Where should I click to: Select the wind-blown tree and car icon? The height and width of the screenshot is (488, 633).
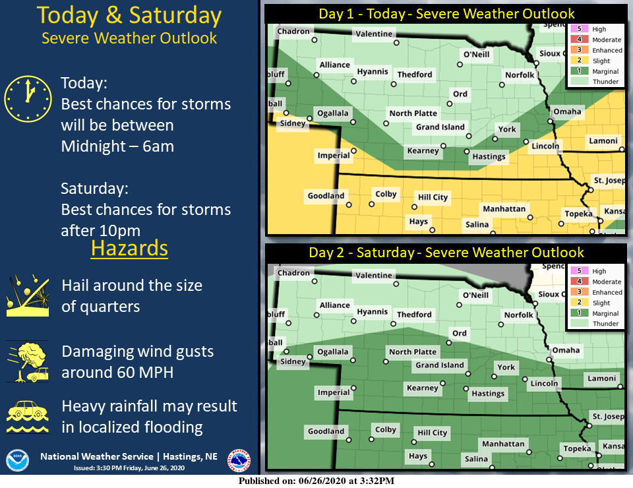point(28,362)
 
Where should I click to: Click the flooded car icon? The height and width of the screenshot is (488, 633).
point(28,415)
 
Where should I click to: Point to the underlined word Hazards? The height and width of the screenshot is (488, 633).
point(129,249)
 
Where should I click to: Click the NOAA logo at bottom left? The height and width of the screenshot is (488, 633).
point(17,460)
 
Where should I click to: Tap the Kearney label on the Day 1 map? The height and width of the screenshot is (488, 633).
point(423,150)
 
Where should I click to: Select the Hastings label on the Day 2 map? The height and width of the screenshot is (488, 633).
point(488,394)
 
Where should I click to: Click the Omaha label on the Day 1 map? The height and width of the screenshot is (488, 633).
point(567,111)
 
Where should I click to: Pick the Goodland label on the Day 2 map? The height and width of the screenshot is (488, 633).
point(326,431)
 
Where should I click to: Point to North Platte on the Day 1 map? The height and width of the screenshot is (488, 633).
point(413,113)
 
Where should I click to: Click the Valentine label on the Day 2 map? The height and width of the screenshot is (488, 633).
point(374,275)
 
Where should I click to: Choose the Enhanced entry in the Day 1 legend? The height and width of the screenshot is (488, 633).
point(607,50)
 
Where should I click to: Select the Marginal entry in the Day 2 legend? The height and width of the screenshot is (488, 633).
point(605,313)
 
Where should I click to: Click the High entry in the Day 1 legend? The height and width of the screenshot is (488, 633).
point(599,29)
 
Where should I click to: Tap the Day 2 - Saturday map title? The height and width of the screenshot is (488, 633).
point(446,253)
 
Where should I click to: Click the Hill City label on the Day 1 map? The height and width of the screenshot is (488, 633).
point(433,197)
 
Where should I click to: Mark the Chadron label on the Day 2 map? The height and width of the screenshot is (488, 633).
point(293,272)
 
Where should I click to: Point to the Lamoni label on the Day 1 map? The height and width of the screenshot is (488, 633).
point(603,141)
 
